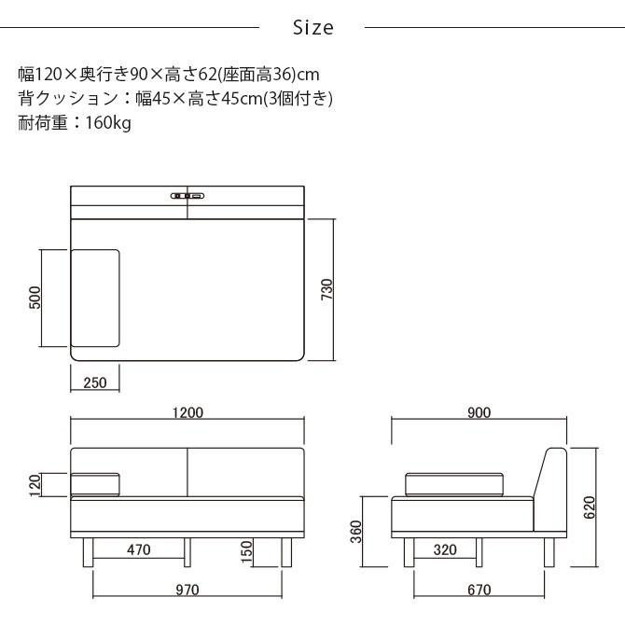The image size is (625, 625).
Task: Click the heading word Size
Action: click(312, 28)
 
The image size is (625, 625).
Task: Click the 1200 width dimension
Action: click(187, 412)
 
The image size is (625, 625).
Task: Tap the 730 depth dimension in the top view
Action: click(326, 290)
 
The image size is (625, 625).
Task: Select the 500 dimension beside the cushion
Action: click(35, 298)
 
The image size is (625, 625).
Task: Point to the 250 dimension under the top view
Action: click(94, 382)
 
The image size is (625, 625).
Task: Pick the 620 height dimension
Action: click(589, 507)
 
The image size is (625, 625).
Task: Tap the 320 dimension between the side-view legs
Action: click(445, 550)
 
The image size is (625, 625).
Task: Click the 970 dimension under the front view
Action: click(187, 590)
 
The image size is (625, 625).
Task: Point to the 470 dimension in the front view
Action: click(138, 550)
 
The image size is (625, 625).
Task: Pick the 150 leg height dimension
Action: click(246, 550)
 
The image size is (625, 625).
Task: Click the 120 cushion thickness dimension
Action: click(35, 483)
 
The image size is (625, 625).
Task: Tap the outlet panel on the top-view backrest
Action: click(187, 196)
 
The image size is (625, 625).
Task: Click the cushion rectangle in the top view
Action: click(96, 298)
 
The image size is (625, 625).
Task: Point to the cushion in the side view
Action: click(456, 483)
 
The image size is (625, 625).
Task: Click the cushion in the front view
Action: click(96, 483)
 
